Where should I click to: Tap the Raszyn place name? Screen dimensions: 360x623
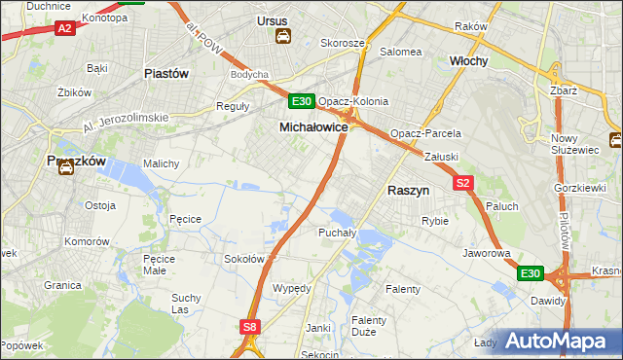click(409, 192)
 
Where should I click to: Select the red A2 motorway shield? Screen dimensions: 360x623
click(65, 28)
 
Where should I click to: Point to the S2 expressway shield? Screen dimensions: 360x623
click(462, 183)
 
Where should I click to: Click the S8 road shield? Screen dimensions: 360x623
click(251, 328)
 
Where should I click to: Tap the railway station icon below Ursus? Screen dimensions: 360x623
click(282, 37)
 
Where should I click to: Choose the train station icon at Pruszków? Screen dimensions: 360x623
click(65, 167)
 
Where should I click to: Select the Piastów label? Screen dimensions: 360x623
click(165, 73)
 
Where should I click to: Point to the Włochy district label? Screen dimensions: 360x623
click(468, 60)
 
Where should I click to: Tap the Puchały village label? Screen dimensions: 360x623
click(337, 234)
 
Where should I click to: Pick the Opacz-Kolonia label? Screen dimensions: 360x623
click(353, 101)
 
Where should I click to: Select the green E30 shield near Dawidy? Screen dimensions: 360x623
click(530, 274)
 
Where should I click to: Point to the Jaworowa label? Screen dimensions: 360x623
click(488, 253)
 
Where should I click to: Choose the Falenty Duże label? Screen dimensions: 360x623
click(369, 326)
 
